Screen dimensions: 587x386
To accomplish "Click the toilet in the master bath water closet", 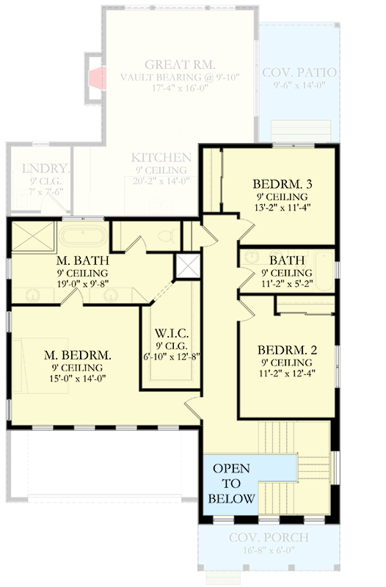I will (165, 236).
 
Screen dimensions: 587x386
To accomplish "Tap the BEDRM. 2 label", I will (288, 349).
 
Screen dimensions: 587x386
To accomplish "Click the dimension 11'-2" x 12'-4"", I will (288, 374).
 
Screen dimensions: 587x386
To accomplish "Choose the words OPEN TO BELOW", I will (231, 484).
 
